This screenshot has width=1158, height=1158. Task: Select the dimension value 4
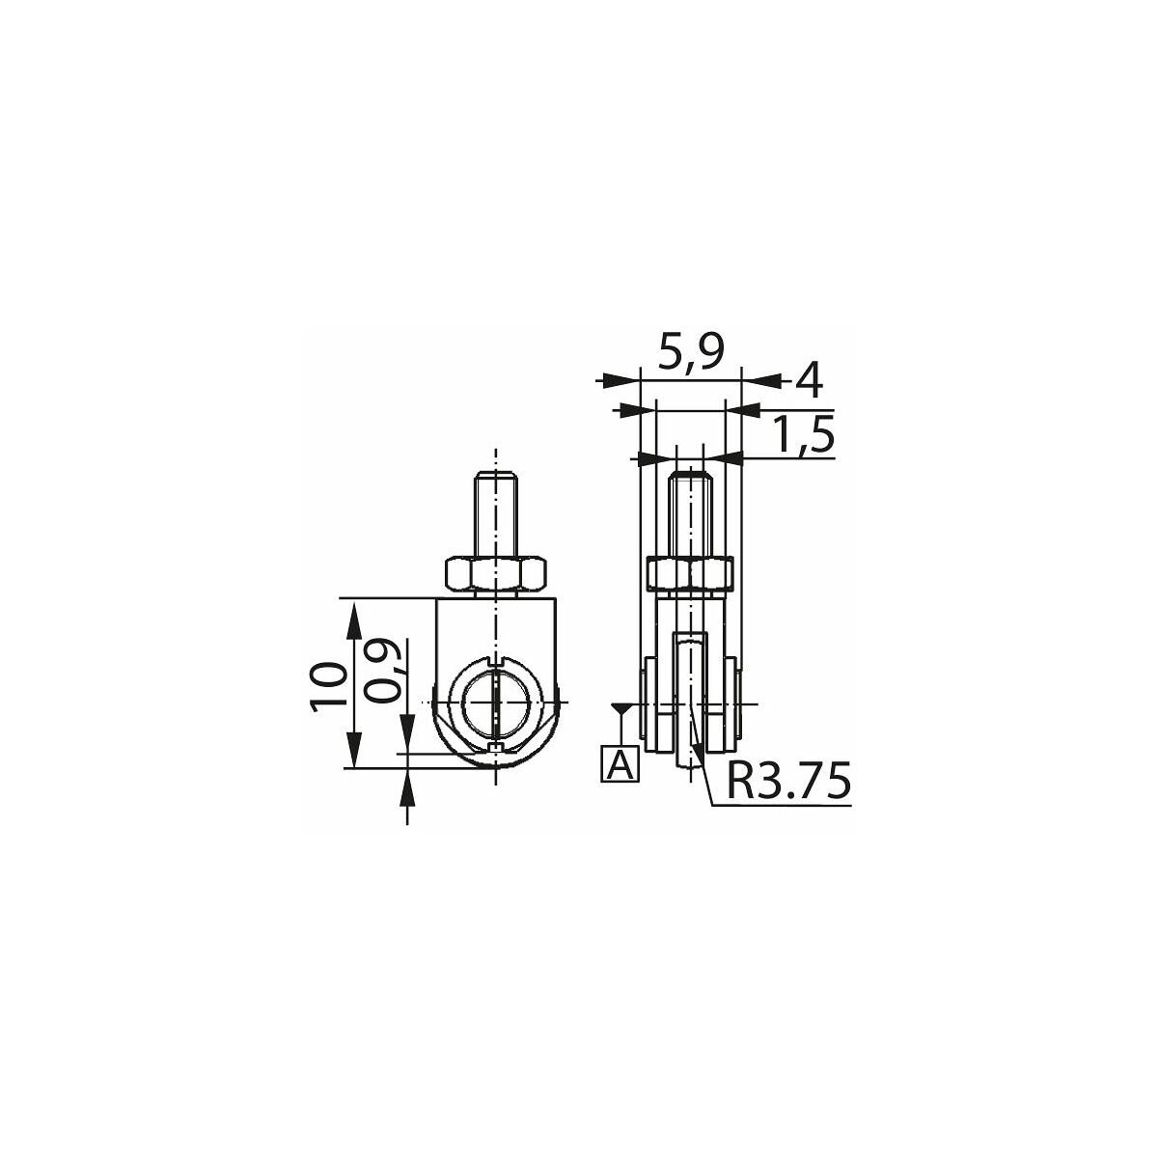tap(809, 381)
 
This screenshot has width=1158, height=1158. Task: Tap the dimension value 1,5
tap(803, 435)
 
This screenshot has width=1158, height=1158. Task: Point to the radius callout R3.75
tap(788, 781)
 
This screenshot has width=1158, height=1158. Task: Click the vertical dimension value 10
tap(330, 686)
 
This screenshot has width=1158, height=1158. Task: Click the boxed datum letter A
tap(620, 764)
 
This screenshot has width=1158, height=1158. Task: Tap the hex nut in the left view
tap(496, 572)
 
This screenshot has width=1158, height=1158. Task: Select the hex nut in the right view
tap(691, 572)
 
